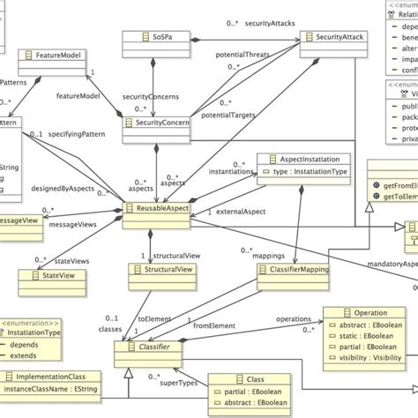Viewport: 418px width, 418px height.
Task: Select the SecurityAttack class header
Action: (332, 38)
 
